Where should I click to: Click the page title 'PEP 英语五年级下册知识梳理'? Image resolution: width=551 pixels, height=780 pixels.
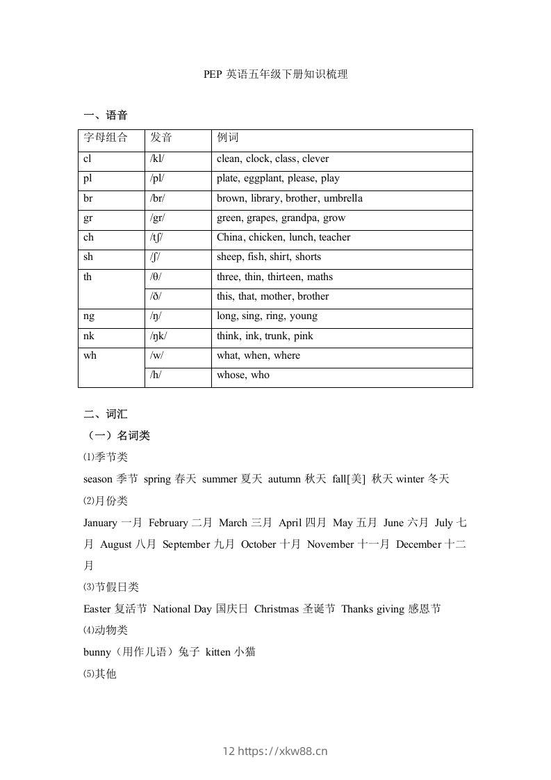pos(275,74)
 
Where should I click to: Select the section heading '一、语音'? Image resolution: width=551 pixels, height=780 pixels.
pos(105,115)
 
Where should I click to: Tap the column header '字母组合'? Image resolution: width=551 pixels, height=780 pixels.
pos(106,138)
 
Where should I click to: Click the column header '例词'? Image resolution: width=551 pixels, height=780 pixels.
pos(228,138)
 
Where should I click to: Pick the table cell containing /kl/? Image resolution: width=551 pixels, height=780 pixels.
pos(158,159)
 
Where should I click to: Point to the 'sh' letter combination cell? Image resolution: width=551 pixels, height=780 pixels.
pos(88,257)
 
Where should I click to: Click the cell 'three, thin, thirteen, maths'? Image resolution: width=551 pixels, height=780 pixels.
pos(274,277)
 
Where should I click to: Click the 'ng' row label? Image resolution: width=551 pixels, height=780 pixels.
pos(89,316)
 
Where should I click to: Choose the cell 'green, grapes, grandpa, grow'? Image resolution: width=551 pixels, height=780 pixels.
pos(281,218)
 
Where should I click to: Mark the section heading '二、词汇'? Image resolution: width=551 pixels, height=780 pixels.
pos(105,414)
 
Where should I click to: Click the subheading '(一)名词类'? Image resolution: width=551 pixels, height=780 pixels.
pos(116,436)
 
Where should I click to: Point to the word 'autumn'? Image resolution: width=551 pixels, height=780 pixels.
pos(283,479)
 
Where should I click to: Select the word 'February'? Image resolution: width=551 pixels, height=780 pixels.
pos(168,523)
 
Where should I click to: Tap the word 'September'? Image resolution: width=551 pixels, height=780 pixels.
pos(187,544)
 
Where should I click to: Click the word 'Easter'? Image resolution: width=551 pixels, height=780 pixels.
pos(97,609)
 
